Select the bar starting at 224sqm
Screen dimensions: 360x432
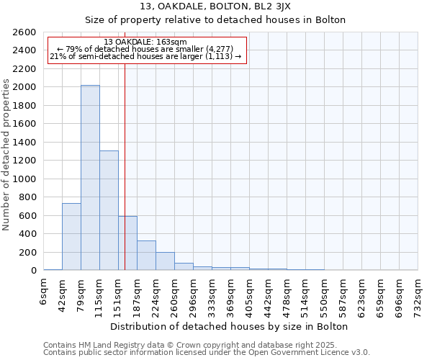tap(165, 261)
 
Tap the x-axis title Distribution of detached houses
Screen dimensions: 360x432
tap(230, 326)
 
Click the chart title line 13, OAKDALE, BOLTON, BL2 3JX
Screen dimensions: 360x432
tap(216, 6)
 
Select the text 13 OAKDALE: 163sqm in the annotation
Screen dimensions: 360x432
tap(145, 42)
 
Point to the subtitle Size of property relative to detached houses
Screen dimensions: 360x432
tap(216, 19)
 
